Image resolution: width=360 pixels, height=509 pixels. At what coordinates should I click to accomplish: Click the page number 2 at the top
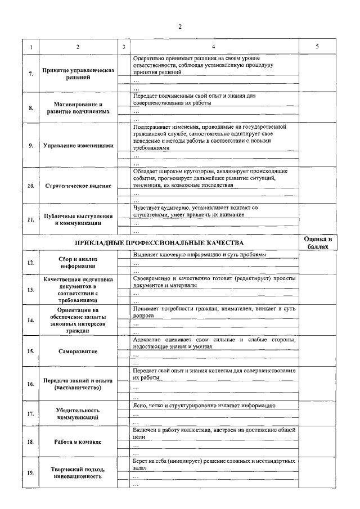coord(180,26)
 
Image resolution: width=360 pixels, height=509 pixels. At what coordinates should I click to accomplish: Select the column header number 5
coord(317,46)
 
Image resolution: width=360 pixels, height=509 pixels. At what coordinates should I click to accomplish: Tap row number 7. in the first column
coord(31,74)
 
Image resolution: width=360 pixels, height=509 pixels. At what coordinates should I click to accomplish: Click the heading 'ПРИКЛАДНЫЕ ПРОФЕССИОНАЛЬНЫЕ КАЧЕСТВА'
coord(159,243)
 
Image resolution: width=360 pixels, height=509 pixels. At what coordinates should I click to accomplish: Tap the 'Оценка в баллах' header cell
coord(318,243)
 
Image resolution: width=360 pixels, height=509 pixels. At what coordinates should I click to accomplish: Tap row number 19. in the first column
coord(31,473)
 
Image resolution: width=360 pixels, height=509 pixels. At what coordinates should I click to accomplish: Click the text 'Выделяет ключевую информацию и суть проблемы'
coord(199,255)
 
